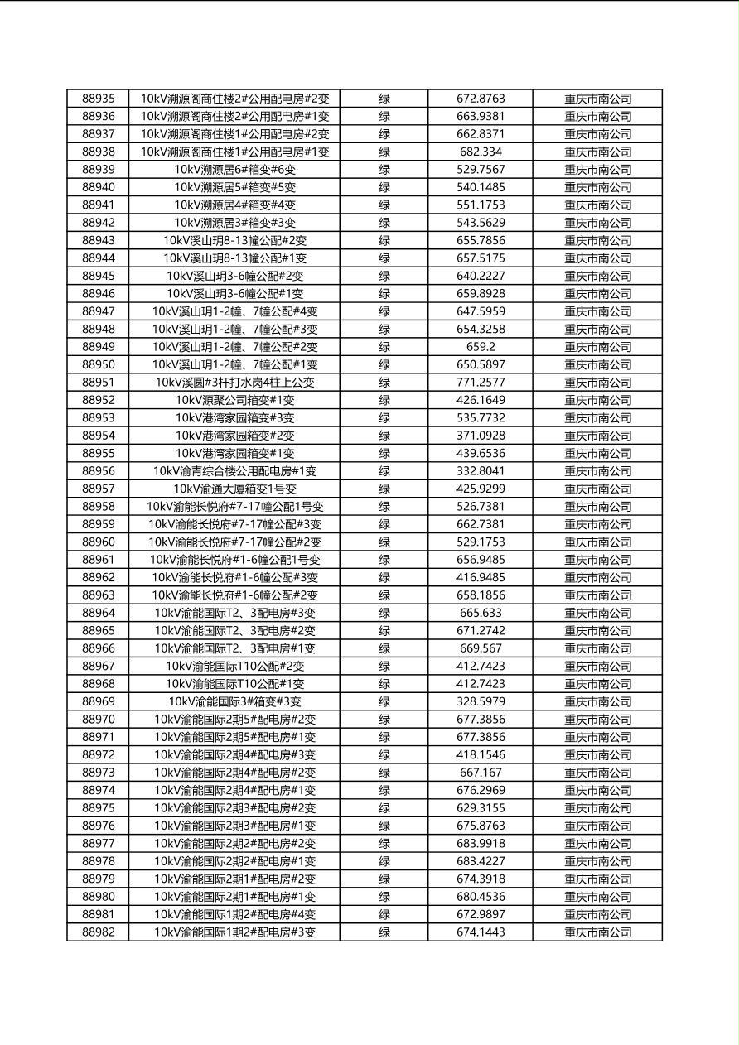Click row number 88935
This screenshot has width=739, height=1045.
tap(99, 99)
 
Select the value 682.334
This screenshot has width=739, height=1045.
tap(481, 152)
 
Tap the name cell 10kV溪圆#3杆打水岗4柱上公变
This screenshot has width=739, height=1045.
tap(234, 383)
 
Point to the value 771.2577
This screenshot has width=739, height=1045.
tap(481, 383)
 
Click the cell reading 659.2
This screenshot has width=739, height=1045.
tap(481, 347)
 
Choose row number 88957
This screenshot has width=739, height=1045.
tap(99, 489)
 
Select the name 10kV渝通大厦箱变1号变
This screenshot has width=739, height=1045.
tap(234, 489)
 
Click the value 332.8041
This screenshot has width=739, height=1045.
tap(481, 471)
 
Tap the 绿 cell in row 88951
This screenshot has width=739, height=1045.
tap(384, 383)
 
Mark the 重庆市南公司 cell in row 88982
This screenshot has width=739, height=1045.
tap(597, 932)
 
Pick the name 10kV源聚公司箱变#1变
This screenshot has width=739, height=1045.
tap(234, 400)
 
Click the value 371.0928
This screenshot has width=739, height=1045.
tap(481, 436)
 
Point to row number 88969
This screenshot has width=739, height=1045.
tap(99, 701)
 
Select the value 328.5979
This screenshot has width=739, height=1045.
tap(481, 701)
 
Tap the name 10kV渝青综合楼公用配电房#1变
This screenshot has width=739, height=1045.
tap(234, 471)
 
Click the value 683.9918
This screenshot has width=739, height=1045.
tap(481, 844)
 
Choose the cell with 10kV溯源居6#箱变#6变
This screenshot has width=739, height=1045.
tap(234, 170)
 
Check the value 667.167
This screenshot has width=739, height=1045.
tap(481, 773)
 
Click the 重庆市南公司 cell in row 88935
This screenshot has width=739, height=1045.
tap(597, 99)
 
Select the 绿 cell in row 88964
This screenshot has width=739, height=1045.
tap(384, 613)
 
